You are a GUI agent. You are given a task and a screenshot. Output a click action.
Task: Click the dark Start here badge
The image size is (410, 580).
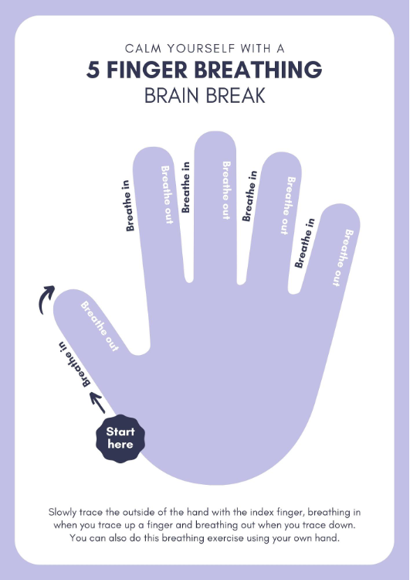pyautogui.click(x=120, y=438)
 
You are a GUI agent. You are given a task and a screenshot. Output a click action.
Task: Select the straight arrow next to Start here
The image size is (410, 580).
pyautogui.click(x=98, y=402)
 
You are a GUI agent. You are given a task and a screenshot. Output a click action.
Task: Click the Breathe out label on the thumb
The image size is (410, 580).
pyautogui.click(x=100, y=326)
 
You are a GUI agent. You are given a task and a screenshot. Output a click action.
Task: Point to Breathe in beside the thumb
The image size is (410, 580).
pyautogui.click(x=75, y=364)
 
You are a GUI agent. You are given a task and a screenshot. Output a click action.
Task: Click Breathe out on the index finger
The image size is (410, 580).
pyautogui.click(x=167, y=195)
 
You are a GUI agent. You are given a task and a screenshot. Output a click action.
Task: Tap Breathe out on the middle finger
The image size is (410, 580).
pyautogui.click(x=226, y=190)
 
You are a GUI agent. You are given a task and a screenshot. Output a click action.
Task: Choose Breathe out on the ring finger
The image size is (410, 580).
pyautogui.click(x=288, y=205)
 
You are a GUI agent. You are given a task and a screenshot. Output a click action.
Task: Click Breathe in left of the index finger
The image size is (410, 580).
pyautogui.click(x=128, y=206)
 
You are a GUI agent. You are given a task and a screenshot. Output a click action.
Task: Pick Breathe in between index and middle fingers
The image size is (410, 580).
pyautogui.click(x=186, y=187)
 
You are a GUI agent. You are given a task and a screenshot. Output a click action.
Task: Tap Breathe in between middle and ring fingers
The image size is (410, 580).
pyautogui.click(x=249, y=196)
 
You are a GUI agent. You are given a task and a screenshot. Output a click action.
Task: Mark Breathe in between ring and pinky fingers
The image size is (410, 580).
pyautogui.click(x=305, y=243)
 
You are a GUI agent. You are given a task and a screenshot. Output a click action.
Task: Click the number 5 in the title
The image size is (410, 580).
pyautogui.click(x=93, y=70)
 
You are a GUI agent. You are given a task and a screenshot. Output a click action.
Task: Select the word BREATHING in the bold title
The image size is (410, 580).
pyautogui.click(x=258, y=70)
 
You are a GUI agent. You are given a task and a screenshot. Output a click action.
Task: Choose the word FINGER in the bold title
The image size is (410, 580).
pyautogui.click(x=147, y=70)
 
